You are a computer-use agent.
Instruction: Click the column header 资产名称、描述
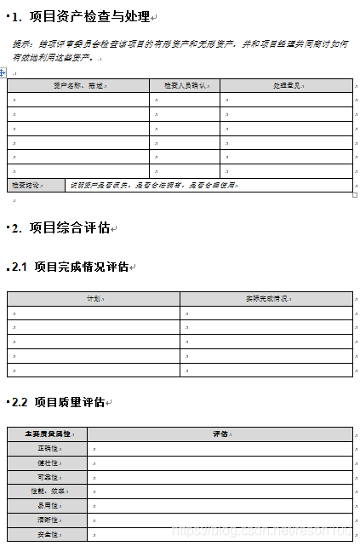pos(78,86)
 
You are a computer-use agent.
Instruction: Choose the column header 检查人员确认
pos(185,86)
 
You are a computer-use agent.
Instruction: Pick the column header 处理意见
pos(287,86)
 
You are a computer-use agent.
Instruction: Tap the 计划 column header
pos(94,299)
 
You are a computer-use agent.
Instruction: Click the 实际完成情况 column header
pos(266,299)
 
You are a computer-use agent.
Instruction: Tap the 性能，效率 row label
pos(47,491)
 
